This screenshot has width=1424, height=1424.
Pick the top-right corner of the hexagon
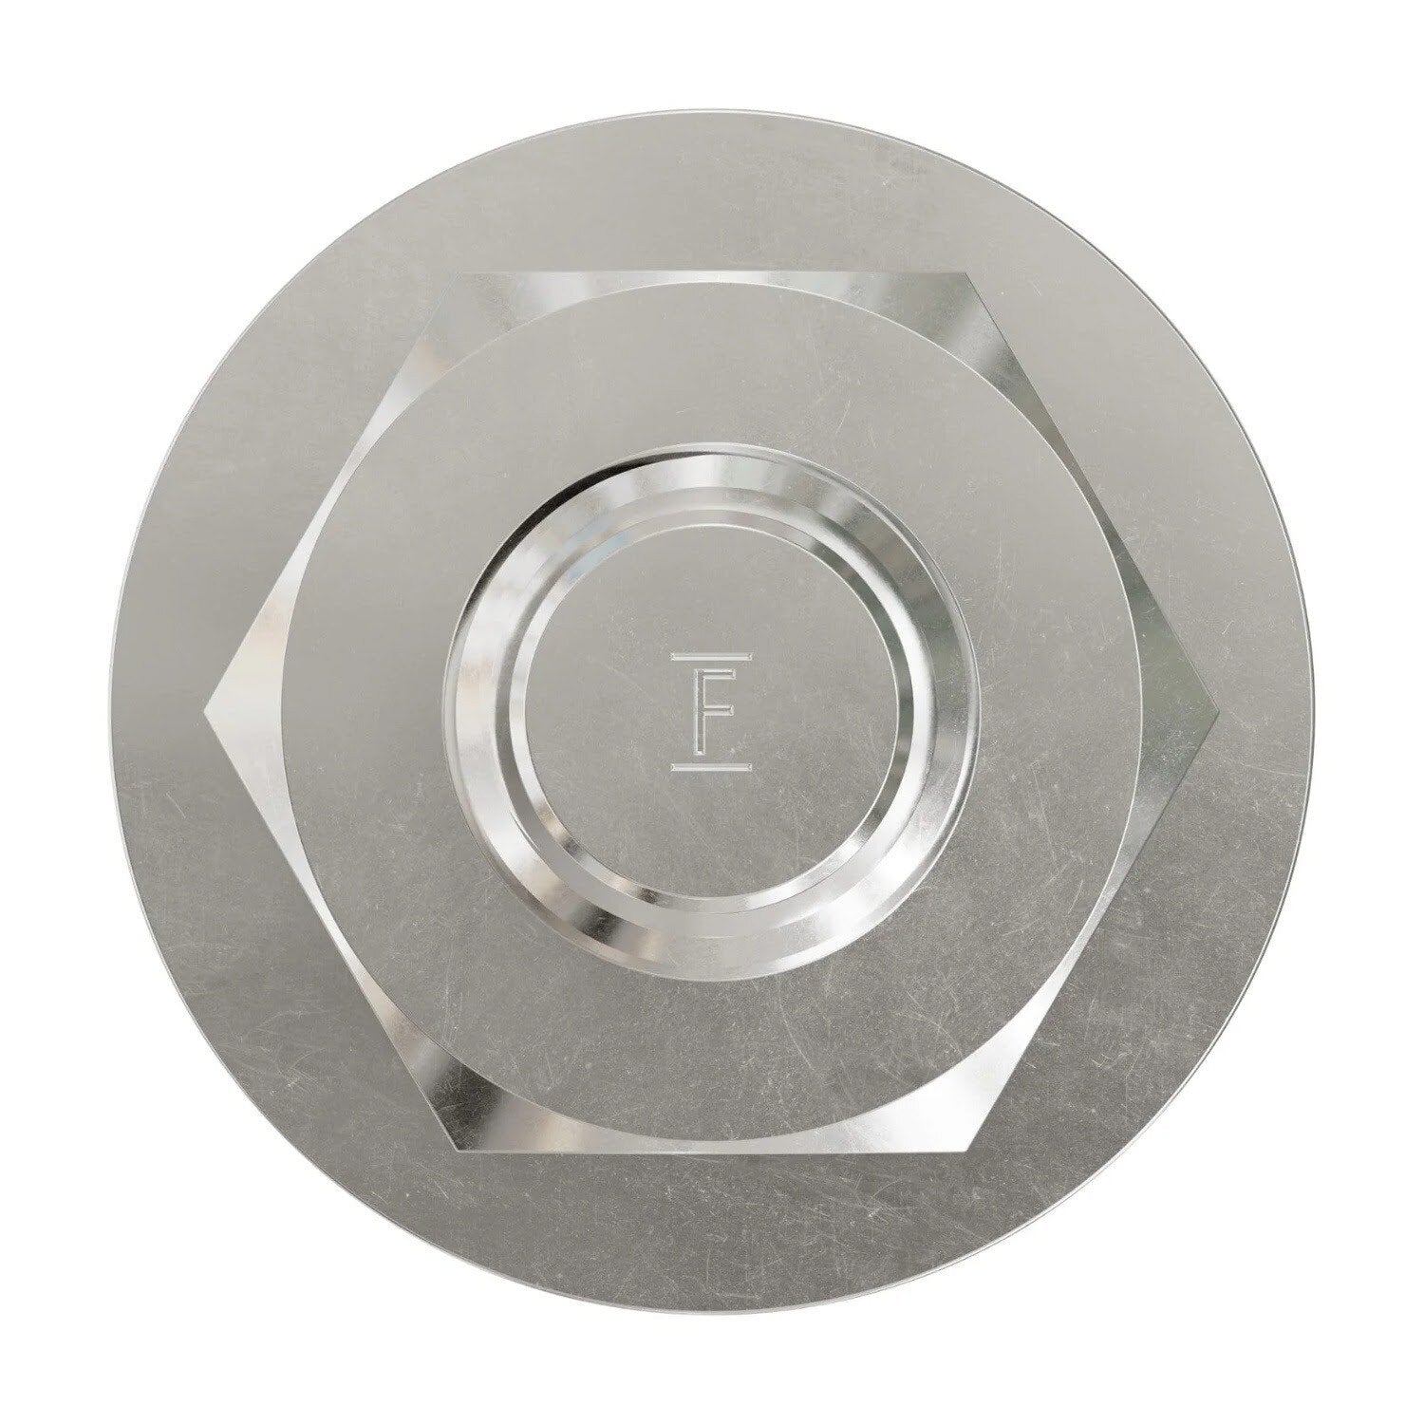click(966, 273)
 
